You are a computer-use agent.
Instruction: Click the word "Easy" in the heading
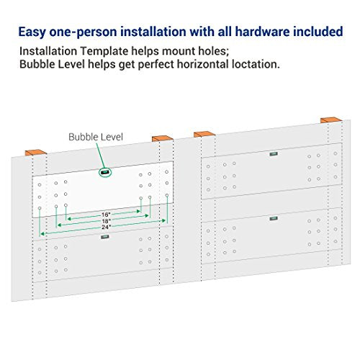[x=32, y=32]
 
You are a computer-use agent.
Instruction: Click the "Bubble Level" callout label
[x=96, y=137]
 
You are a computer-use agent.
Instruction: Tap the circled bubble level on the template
[x=105, y=172]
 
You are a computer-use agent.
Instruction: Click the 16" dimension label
[x=106, y=215]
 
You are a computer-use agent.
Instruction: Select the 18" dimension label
[x=106, y=220]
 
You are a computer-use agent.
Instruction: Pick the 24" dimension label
[x=106, y=227]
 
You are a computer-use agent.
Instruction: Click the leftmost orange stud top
[x=36, y=153]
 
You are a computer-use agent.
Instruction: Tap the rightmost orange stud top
[x=331, y=120]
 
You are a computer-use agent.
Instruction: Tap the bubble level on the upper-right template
[x=274, y=154]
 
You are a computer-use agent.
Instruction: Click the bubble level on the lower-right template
[x=274, y=218]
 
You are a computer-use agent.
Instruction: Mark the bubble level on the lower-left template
[x=105, y=237]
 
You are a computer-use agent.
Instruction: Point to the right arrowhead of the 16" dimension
[x=138, y=211]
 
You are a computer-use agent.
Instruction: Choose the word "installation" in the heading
[x=153, y=32]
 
